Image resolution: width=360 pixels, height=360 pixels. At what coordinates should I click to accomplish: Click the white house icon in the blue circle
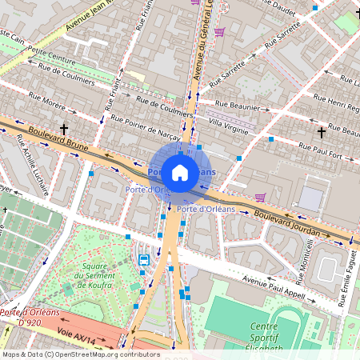180,173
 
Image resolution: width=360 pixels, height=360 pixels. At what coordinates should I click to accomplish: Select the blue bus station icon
144,259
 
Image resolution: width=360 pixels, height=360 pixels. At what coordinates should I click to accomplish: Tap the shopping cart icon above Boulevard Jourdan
259,197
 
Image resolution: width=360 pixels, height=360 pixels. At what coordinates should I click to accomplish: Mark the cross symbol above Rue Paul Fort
322,131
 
